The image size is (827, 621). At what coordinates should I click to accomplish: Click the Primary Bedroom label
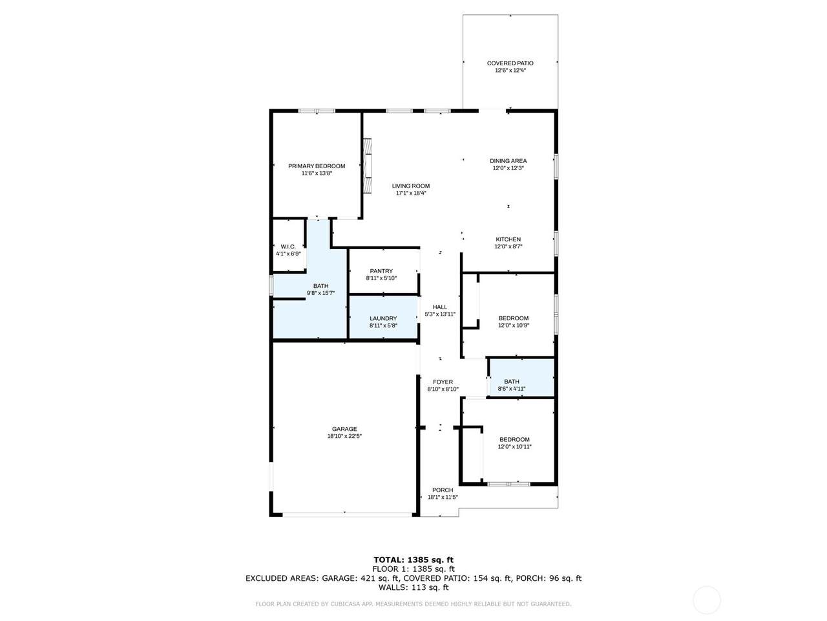point(317,166)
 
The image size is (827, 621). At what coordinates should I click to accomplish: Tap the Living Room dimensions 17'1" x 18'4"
point(411,193)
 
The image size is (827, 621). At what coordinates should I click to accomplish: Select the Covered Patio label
point(510,63)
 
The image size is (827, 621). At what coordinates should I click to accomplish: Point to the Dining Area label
point(508,160)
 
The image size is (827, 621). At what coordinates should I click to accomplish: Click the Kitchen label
point(508,239)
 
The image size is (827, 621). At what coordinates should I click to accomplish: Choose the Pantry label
point(381,271)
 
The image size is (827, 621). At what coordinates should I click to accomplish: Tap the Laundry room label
point(383,318)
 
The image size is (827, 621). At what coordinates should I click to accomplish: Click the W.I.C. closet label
point(288,246)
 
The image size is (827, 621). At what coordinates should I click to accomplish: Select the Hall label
point(440,307)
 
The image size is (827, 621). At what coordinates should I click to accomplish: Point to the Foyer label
point(443,382)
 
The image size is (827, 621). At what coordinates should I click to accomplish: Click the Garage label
point(344,429)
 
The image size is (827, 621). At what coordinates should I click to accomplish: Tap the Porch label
point(443,490)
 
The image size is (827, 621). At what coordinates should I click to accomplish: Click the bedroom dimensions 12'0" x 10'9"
point(514,325)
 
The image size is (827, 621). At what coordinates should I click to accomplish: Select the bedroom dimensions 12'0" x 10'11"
point(515,446)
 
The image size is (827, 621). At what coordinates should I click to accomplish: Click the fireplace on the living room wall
point(367,166)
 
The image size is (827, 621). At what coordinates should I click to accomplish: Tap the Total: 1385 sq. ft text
point(413,560)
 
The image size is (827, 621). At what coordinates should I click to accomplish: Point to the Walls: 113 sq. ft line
point(413,587)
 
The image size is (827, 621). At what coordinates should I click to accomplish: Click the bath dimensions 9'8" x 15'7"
point(320,293)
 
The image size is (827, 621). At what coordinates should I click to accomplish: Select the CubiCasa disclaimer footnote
point(413,604)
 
